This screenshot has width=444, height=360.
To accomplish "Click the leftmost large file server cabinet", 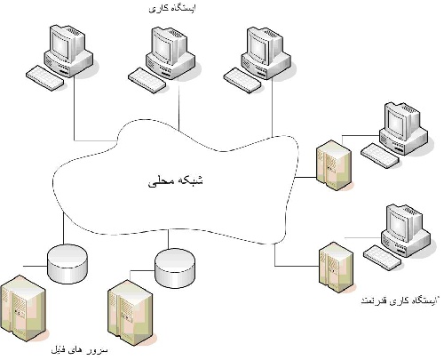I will (x=28, y=306).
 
